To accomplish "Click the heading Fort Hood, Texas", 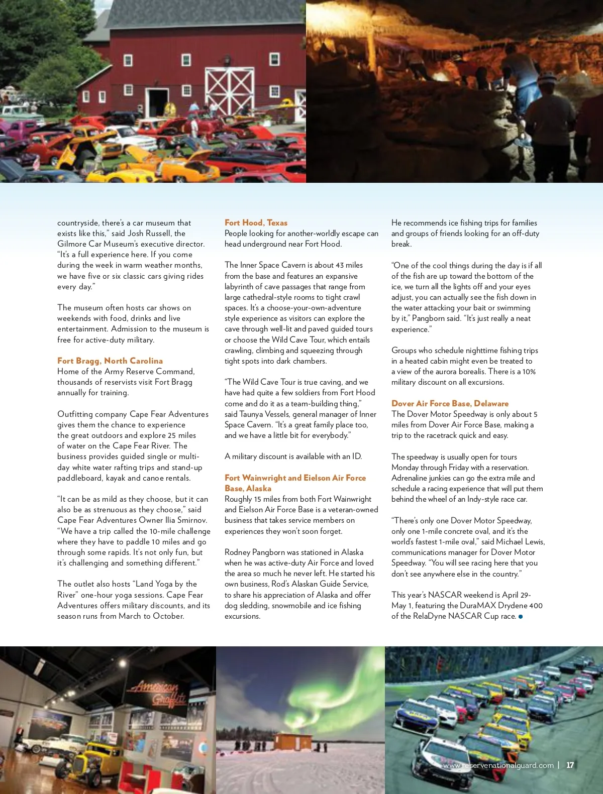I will click(x=256, y=222).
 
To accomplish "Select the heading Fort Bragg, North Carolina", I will click(x=110, y=361).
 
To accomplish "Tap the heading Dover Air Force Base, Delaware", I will click(x=450, y=403).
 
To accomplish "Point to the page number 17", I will click(x=570, y=765).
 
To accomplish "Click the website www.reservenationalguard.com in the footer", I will click(x=498, y=765).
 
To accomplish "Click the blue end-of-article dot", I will click(x=521, y=616).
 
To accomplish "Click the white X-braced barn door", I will click(x=229, y=91).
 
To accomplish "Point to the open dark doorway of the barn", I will click(x=158, y=102).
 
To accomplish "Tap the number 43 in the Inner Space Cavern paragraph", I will click(x=340, y=265).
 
